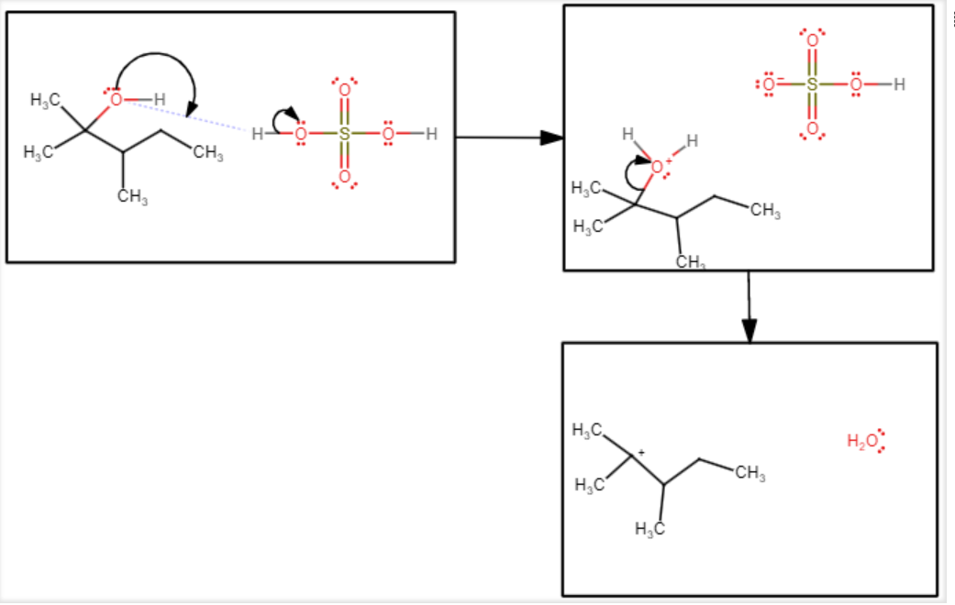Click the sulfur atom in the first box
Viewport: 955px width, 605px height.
tap(345, 134)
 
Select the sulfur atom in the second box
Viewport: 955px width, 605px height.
tap(812, 85)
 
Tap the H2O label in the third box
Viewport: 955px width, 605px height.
tap(861, 442)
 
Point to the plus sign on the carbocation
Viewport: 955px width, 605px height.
tap(641, 451)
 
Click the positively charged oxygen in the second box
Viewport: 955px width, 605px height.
tap(657, 167)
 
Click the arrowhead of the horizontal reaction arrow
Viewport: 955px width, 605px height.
tap(551, 137)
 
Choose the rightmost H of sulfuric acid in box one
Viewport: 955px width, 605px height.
tap(431, 134)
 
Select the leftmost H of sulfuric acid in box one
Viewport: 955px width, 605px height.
tap(258, 134)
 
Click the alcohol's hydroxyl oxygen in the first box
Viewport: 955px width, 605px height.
tap(116, 99)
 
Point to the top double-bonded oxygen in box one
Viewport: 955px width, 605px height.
tap(345, 90)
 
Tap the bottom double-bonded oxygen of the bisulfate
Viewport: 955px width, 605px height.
tap(812, 128)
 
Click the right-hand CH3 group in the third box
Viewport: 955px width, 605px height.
tap(750, 474)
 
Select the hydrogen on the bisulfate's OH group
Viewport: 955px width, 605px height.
tap(899, 85)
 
